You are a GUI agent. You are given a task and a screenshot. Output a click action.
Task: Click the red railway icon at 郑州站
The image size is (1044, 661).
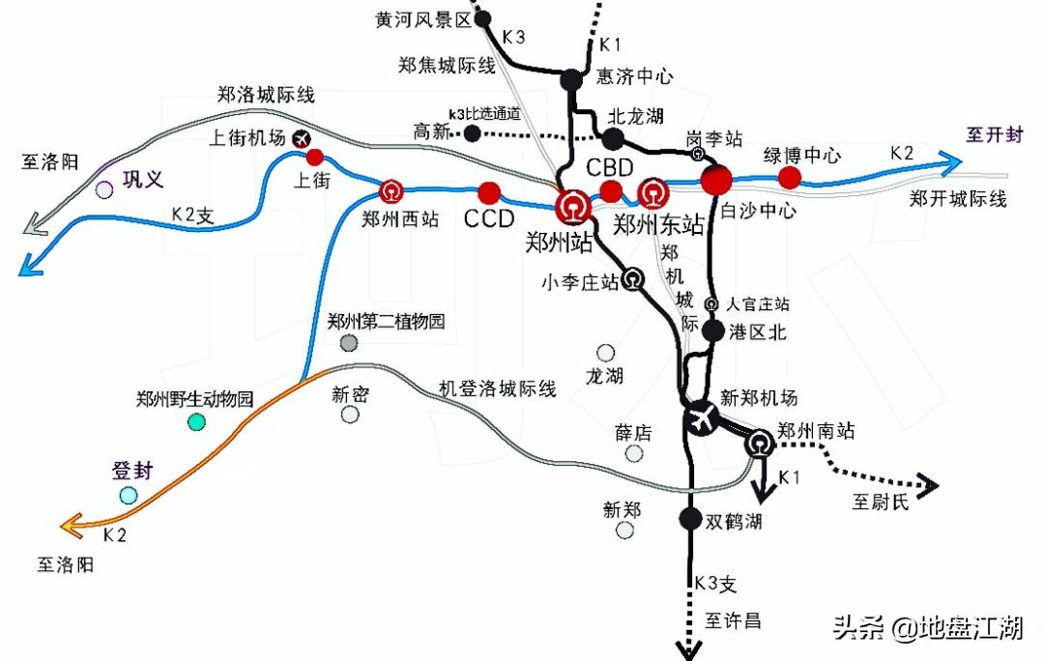point(572,206)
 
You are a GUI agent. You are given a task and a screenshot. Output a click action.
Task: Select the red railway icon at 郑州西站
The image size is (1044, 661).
point(391,190)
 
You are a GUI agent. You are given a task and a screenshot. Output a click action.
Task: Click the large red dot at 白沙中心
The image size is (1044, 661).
point(717,180)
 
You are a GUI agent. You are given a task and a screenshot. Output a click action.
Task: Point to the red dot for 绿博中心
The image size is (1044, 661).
point(790,177)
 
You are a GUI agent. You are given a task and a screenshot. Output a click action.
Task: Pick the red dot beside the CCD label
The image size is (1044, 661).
point(489,192)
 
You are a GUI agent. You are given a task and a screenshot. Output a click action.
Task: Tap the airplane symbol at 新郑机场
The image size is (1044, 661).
point(701,418)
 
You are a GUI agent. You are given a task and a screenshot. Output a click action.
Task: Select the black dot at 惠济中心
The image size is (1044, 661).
point(572,79)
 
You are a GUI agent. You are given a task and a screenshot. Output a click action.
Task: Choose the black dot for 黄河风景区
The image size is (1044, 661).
point(484,18)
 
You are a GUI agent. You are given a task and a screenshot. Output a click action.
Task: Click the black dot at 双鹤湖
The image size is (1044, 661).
point(689,519)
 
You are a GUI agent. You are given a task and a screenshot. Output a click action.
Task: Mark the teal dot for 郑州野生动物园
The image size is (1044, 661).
point(196,421)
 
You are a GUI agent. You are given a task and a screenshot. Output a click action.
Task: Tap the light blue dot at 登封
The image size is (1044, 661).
point(129,496)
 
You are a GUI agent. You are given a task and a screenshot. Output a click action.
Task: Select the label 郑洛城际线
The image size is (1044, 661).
point(266,95)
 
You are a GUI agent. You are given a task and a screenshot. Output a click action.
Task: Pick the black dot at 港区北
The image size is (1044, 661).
point(712,330)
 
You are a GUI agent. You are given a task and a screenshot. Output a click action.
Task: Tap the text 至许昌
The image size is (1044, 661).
point(733,620)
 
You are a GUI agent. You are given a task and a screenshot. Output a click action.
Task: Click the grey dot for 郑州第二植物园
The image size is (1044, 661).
point(349,342)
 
